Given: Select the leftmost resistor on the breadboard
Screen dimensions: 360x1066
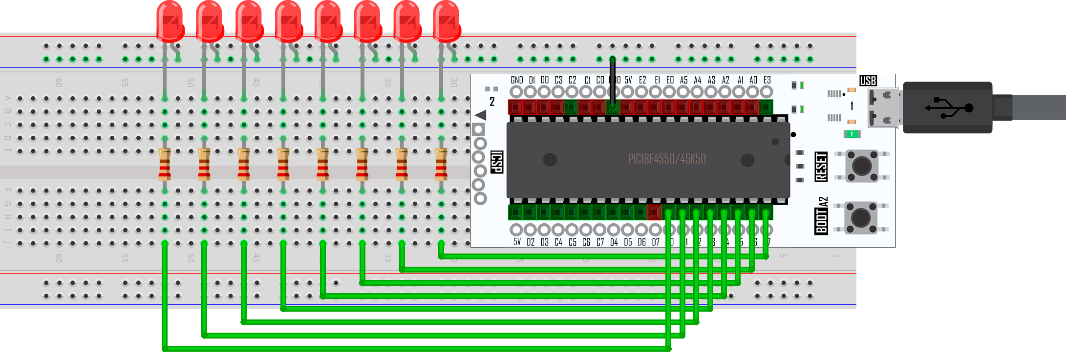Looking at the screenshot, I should point(165,165).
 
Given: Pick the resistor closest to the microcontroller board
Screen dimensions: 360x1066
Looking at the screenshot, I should point(441,165).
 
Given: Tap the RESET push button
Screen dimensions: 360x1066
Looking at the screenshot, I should point(861,166).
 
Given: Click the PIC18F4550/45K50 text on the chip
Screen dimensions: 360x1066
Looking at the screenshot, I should point(666,159).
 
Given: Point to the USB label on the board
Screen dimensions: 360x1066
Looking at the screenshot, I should point(868,81).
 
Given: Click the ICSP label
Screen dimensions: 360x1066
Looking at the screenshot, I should point(496,162).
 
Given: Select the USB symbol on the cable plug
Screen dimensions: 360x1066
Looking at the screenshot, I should point(948,107).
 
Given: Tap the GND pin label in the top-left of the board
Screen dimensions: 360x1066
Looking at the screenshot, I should point(516,80).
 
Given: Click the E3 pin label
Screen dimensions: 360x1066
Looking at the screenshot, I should point(767,80).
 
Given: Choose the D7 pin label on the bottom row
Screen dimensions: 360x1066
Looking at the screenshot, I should point(656,242).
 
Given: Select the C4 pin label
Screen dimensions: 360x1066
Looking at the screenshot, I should point(558,242).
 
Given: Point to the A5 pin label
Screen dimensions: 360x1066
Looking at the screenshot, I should point(683,80).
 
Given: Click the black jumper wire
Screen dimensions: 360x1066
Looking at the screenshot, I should point(612,81).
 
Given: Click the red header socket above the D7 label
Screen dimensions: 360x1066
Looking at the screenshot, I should point(654,212).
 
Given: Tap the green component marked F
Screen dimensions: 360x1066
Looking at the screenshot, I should point(852,134).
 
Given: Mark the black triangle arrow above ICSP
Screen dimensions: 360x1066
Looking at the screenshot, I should point(481,115).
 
